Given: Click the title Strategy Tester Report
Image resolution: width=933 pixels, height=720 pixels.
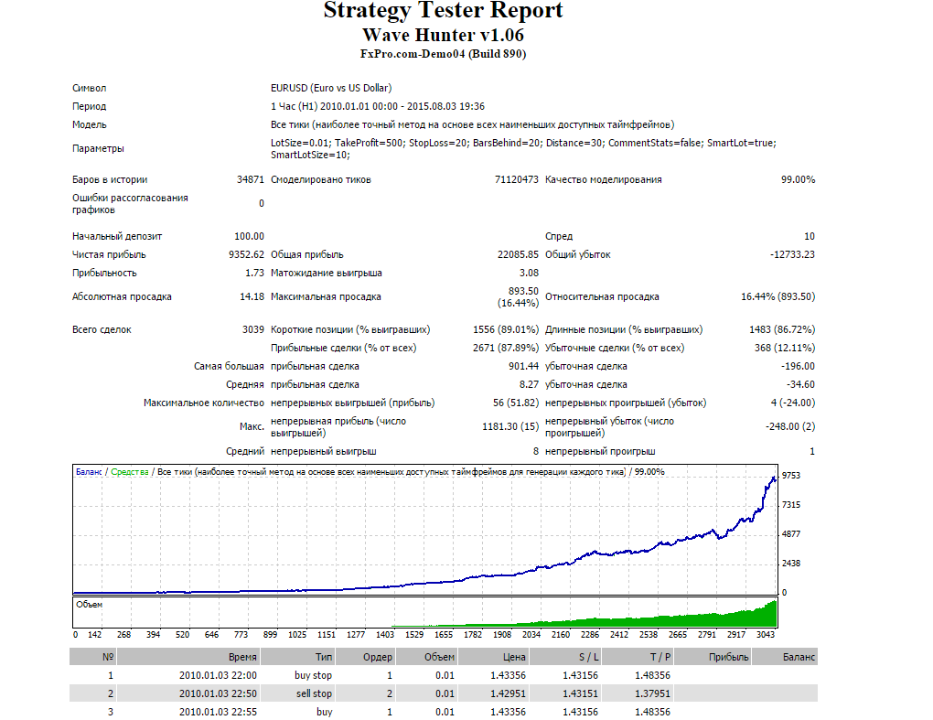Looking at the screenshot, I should pos(443,12).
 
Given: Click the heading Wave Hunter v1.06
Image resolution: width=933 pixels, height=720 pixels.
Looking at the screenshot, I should pos(443,36).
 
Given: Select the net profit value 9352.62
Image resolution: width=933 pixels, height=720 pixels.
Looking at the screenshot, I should pos(246,254).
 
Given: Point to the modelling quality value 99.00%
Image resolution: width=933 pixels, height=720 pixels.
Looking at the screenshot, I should pos(797,179).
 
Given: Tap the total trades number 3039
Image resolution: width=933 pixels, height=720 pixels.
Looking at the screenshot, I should pos(252,329).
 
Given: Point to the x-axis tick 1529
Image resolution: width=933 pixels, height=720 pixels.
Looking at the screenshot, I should pos(414,634).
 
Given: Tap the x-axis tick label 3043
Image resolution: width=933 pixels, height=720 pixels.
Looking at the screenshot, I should pos(766,634).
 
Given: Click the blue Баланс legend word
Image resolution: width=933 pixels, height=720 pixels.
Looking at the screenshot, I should pos(89,472).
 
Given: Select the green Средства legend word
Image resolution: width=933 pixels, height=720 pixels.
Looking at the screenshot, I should pos(130,472).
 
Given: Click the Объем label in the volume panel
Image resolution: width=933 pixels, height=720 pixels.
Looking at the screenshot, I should pos(90,605).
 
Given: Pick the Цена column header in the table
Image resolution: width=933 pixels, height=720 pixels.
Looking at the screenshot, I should pos(514,657).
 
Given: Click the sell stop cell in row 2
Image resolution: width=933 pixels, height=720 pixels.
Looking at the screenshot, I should pos(313,693).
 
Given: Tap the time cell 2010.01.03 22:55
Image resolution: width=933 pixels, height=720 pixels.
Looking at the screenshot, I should pos(218,712).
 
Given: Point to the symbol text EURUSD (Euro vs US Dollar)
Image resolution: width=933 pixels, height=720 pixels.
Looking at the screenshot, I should pos(331,88).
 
